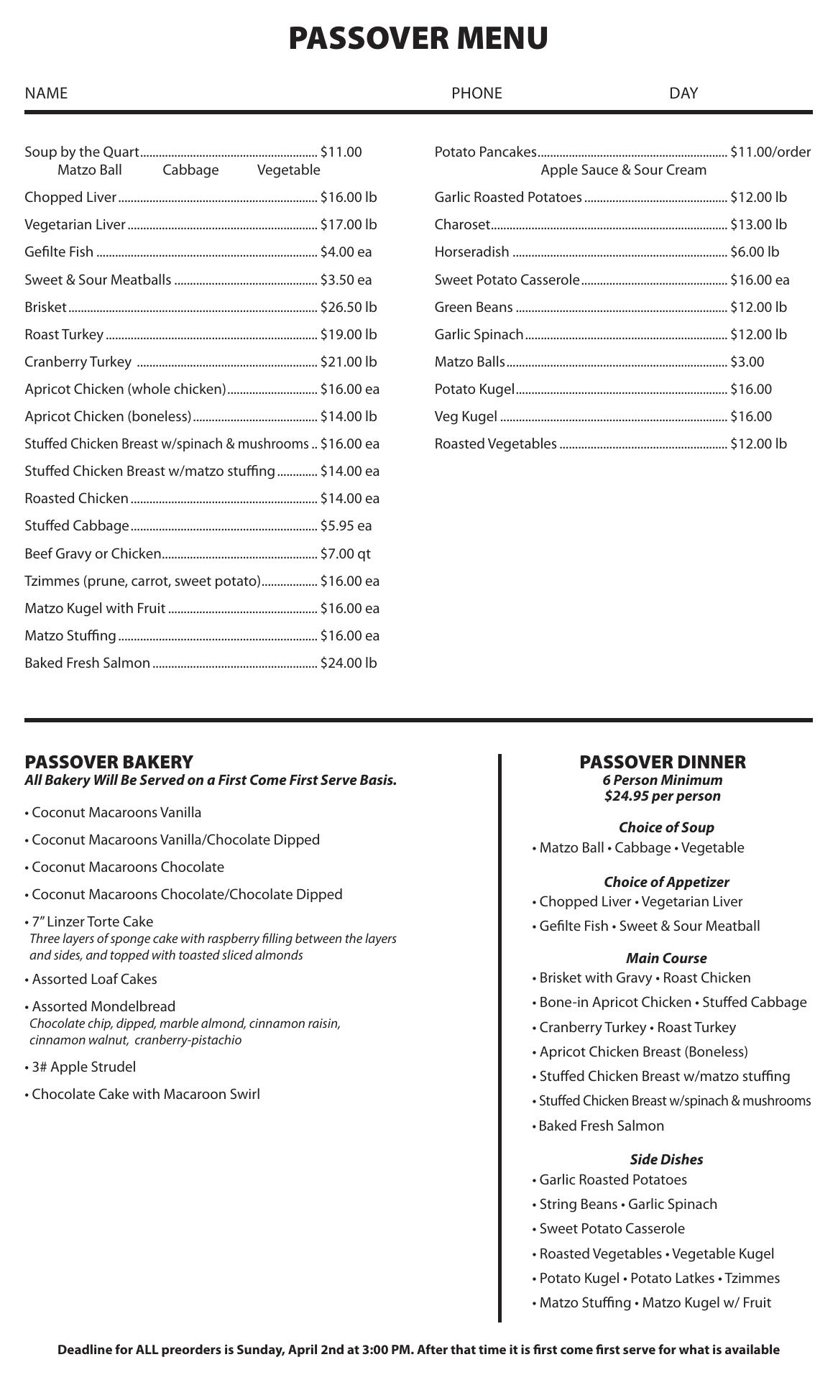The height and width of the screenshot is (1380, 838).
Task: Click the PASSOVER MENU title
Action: tap(418, 38)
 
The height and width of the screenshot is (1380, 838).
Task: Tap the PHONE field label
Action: tap(476, 93)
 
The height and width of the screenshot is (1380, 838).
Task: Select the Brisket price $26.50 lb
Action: tap(349, 308)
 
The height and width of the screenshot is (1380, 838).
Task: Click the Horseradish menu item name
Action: tap(471, 252)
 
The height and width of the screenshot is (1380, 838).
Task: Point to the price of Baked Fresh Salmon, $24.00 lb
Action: tap(349, 663)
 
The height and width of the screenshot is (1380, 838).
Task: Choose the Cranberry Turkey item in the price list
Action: tap(78, 362)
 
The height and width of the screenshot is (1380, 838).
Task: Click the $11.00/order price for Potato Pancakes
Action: tap(770, 152)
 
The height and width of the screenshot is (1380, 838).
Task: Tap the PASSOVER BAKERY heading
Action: tap(109, 762)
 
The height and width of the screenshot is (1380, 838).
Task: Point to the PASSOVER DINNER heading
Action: tap(663, 762)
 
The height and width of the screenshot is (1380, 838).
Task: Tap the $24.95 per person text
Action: tap(663, 796)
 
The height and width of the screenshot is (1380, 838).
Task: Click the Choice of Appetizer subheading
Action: tap(666, 882)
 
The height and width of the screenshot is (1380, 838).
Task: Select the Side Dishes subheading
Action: tap(666, 1159)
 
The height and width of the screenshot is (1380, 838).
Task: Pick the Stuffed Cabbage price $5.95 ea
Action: tap(346, 526)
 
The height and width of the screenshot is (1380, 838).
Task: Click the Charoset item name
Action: tap(462, 225)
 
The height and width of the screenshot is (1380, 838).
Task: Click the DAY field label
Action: tap(683, 93)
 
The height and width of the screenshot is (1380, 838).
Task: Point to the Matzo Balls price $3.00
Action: tap(747, 362)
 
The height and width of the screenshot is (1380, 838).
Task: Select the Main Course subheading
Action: tap(666, 958)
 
